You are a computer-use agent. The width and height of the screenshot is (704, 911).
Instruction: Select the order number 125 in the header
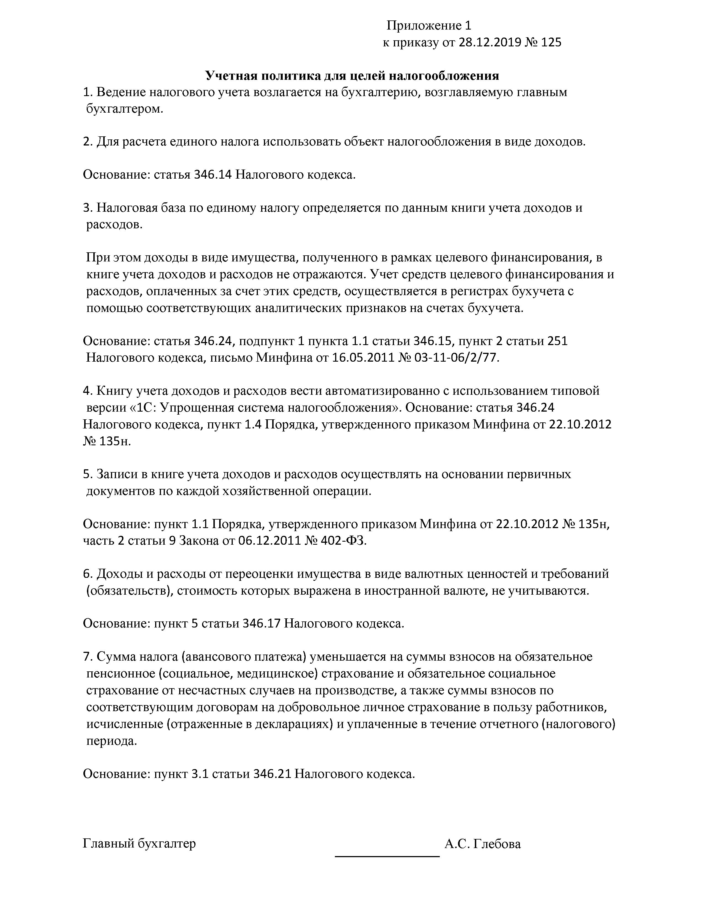coord(551,43)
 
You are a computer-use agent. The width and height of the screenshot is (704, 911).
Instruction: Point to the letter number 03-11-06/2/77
coord(456,357)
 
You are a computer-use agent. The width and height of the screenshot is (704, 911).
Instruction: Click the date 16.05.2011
coord(363,357)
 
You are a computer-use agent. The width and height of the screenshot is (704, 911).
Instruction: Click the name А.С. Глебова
coord(483,844)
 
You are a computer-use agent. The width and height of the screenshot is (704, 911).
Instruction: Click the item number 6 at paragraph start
coord(87,574)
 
